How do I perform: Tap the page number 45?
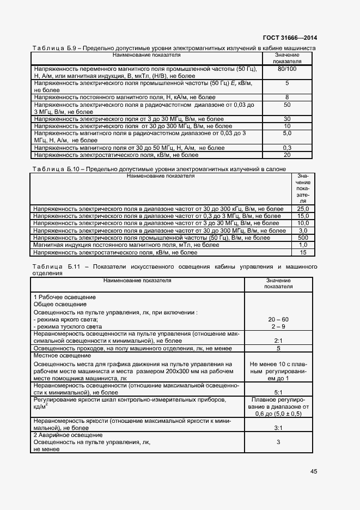[314, 471]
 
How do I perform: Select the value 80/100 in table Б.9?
[287, 69]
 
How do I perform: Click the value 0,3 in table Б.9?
[287, 148]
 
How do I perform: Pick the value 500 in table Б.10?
[303, 238]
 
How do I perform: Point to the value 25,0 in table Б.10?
[303, 209]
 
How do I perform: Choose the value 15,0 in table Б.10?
[303, 216]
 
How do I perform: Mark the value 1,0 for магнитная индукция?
[303, 245]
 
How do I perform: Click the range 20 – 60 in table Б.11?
[278, 319]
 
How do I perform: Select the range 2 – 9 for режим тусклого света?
[278, 326]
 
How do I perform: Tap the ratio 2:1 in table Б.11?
[278, 341]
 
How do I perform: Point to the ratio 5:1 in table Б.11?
[278, 392]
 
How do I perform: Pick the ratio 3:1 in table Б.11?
[278, 428]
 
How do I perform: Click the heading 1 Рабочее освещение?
[65, 297]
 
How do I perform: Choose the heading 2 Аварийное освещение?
[68, 435]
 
